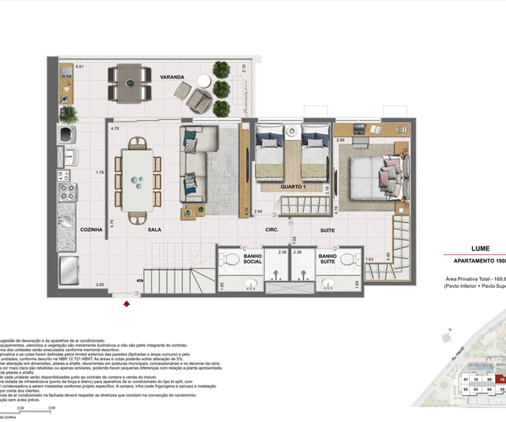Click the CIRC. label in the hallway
point(272,230)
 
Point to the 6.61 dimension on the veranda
point(80,67)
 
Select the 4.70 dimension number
point(114,128)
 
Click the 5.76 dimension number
point(110,224)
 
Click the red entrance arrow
point(126,297)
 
